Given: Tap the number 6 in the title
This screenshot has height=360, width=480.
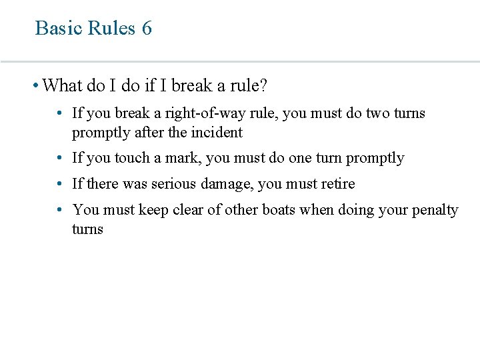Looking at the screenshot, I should [147, 28].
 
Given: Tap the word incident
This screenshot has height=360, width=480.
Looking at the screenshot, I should [216, 132].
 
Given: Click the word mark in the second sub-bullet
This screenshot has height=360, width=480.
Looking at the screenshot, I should [187, 158].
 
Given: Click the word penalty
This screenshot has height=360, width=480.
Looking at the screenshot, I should [435, 210].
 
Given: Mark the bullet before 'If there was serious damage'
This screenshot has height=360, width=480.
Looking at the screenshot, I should [60, 183].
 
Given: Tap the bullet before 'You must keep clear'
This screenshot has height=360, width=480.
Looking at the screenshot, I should [60, 210].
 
